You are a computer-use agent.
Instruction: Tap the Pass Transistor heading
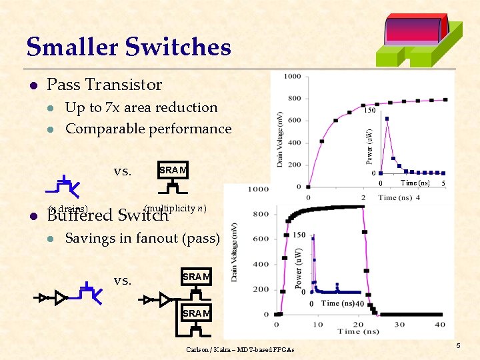(x=104, y=85)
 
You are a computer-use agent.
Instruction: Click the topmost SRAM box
(x=173, y=171)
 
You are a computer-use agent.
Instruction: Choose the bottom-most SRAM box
(x=196, y=313)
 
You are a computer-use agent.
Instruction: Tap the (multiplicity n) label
(x=175, y=209)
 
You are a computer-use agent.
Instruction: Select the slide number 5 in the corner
(x=458, y=345)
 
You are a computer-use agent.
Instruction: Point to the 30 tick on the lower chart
(x=400, y=324)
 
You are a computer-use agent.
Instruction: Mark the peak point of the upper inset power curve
(x=387, y=119)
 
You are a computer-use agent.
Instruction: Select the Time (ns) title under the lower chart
(x=358, y=331)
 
